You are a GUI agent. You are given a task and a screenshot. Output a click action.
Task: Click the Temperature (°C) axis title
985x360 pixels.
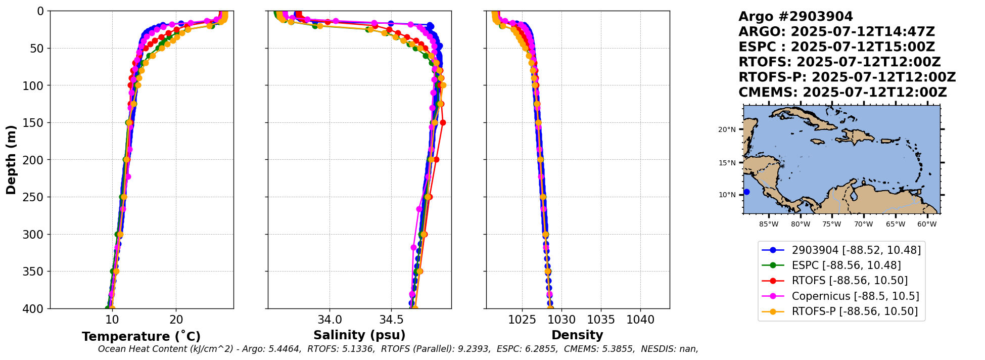point(141,336)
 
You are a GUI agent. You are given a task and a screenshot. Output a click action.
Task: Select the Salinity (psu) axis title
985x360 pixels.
point(359,335)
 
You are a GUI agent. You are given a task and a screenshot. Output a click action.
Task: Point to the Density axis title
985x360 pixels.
point(577,335)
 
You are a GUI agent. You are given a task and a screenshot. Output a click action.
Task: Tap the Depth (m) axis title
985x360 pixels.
point(11,160)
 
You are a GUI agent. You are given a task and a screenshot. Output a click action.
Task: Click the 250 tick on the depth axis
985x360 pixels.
point(36,197)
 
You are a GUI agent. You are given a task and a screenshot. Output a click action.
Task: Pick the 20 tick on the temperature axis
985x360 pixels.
point(176,320)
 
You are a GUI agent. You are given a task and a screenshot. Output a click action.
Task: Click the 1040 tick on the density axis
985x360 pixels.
point(640,320)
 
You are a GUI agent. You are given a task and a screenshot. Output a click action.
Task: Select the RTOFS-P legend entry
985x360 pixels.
point(854,311)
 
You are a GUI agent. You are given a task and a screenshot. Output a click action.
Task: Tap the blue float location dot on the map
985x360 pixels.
point(746,192)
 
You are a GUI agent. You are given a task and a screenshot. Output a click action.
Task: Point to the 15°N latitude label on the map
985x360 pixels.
point(727,163)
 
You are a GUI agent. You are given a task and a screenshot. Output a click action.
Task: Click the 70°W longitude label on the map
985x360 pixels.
point(863,224)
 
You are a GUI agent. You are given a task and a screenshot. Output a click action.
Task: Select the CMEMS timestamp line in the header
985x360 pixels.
point(842,93)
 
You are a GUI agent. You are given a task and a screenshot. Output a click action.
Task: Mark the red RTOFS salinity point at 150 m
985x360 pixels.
point(443,122)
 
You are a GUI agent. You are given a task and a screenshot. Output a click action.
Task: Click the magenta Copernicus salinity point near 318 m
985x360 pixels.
point(413,247)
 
